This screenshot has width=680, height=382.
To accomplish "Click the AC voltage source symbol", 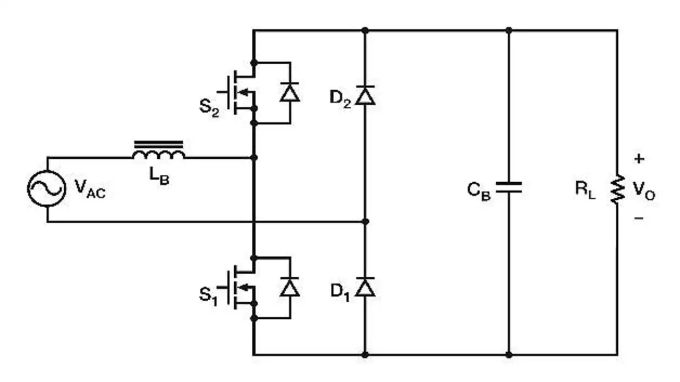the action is [47, 189].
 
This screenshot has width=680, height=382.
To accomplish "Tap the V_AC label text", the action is [90, 189].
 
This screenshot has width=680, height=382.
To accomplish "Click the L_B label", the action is [159, 176].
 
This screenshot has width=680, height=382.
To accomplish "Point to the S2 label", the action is [209, 108].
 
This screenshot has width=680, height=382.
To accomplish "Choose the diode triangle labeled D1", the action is [365, 287].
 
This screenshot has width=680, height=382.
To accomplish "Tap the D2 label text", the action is [341, 99].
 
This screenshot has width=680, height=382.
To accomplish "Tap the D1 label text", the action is [340, 292].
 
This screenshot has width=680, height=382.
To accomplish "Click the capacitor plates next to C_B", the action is [509, 188].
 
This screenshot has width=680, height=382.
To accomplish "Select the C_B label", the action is [479, 191].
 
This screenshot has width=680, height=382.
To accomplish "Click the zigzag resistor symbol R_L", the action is [618, 189].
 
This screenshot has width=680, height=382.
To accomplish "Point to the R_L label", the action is [585, 190].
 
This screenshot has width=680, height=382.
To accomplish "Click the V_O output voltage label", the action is [644, 191].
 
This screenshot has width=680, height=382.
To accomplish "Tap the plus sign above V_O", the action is [639, 159].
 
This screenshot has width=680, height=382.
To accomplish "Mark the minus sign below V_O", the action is [639, 218].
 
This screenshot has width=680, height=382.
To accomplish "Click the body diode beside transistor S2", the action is [290, 92].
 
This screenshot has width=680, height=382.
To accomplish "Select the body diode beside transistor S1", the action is [290, 287].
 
